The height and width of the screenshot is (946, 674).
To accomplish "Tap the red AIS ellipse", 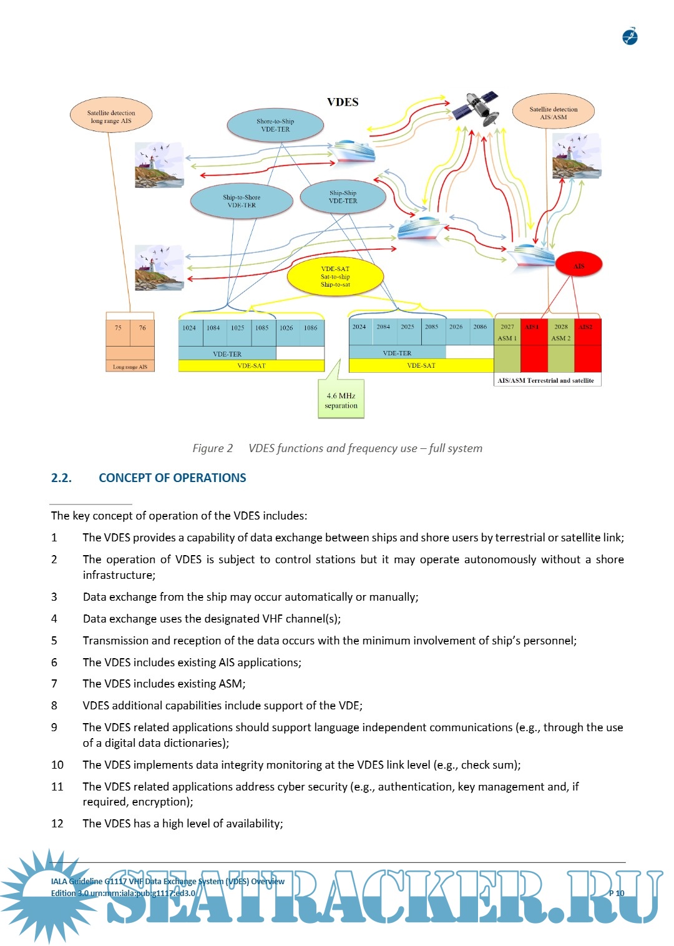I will pos(579,265).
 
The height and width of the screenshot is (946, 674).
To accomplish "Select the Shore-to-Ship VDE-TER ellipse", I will pos(275,126).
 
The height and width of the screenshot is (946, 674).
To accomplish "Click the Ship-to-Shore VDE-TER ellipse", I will pos(242,201).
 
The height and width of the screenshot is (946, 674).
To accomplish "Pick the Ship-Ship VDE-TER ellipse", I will pos(343,197).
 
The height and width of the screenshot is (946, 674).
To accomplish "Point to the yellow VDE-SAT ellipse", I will pos(335,277).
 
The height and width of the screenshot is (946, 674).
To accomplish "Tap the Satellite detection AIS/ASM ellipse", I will pos(553,113).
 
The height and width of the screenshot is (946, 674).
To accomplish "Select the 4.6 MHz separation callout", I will pos(341,401).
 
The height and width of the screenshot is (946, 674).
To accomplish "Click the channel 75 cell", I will pos(118,328).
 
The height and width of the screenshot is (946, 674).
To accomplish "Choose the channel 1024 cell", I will pos(190,328).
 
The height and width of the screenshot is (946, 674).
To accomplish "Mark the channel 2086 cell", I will pos(480,327).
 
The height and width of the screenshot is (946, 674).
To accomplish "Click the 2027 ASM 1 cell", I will pos(507,332).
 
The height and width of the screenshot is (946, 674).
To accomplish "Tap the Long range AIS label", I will pos(130,367).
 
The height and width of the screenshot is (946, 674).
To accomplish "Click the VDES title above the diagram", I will pos(343,102).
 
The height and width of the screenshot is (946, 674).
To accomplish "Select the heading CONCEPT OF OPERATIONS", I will pos(172,478).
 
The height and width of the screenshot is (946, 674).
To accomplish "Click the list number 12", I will pos(57,824).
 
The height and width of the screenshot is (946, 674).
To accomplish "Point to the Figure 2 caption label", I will pos(213,448).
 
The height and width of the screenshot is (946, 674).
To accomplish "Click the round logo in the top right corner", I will pos(630,37).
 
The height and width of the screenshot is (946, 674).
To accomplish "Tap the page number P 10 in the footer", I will pos(616,893).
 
